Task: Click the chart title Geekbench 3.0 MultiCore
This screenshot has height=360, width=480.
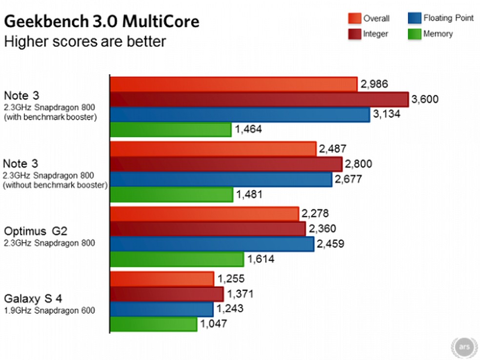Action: tap(101, 22)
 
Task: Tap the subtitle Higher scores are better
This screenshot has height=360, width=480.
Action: tap(85, 41)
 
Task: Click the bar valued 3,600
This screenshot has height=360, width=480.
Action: tap(259, 100)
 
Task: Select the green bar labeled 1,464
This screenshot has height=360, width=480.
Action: tap(171, 130)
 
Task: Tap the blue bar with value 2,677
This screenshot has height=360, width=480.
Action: tap(221, 180)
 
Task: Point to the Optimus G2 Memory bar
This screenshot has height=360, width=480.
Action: tap(177, 259)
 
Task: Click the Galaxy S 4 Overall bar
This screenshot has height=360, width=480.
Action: tap(162, 279)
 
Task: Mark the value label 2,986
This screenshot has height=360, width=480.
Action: tap(375, 84)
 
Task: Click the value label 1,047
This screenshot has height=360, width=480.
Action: tap(214, 324)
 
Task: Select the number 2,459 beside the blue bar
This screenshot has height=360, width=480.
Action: tap(332, 244)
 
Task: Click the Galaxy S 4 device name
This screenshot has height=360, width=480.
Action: tap(33, 299)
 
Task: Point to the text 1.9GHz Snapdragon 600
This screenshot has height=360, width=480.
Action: tap(49, 310)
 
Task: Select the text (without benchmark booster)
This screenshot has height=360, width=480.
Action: tap(55, 185)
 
